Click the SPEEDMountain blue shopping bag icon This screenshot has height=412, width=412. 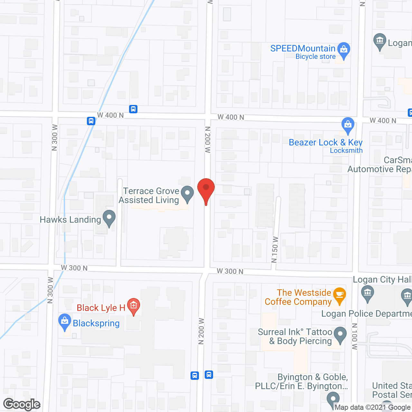click(344, 50)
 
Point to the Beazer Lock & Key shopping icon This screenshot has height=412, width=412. click(348, 125)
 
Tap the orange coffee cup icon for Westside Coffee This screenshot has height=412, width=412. click(339, 295)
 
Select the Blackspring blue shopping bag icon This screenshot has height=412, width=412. click(65, 321)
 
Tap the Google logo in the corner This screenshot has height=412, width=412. click(22, 404)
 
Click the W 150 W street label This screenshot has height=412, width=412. click(275, 249)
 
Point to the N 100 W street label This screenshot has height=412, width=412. click(355, 336)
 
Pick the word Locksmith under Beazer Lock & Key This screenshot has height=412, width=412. click(346, 151)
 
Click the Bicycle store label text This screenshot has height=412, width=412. click(315, 57)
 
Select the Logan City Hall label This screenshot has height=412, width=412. click(382, 280)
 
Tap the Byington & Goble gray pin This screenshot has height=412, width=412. click(332, 400)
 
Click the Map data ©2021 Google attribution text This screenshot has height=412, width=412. click(372, 407)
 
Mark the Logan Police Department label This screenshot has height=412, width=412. click(366, 314)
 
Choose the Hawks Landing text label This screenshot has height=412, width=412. click(70, 220)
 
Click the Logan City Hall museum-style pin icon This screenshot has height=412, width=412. click(367, 294)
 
